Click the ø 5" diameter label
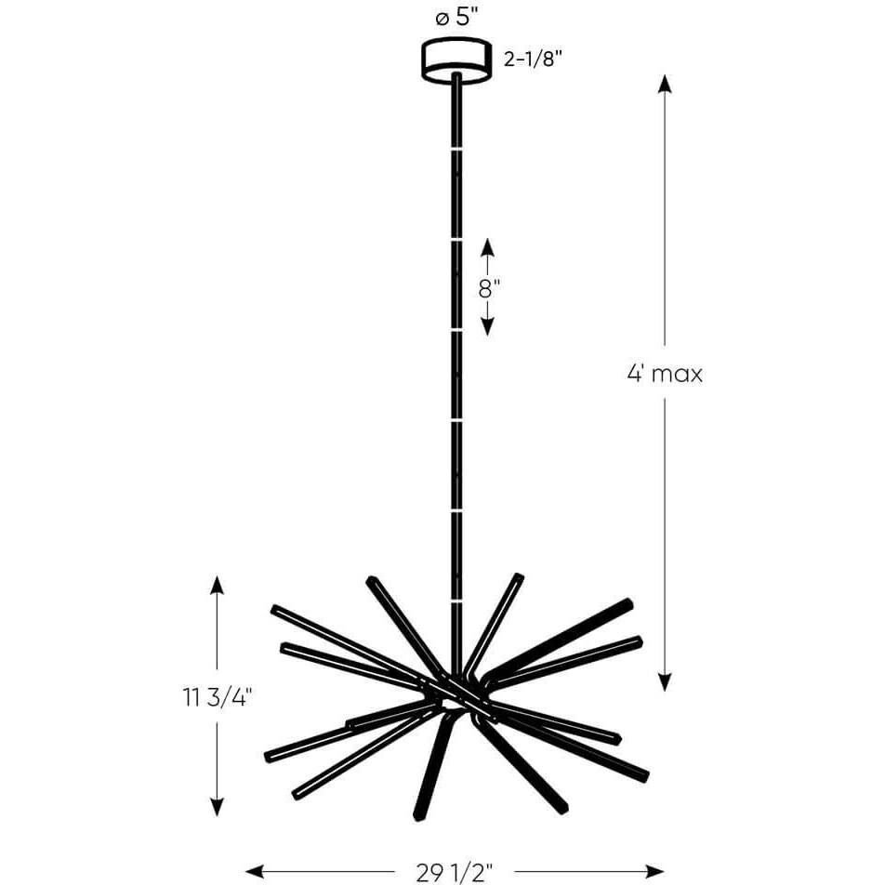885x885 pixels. point(456,16)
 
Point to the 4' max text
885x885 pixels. point(665,375)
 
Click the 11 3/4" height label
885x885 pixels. point(218,696)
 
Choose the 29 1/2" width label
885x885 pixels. point(456,871)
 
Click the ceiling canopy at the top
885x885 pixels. point(456,59)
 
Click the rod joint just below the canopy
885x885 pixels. point(456,147)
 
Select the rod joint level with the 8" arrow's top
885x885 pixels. point(456,238)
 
